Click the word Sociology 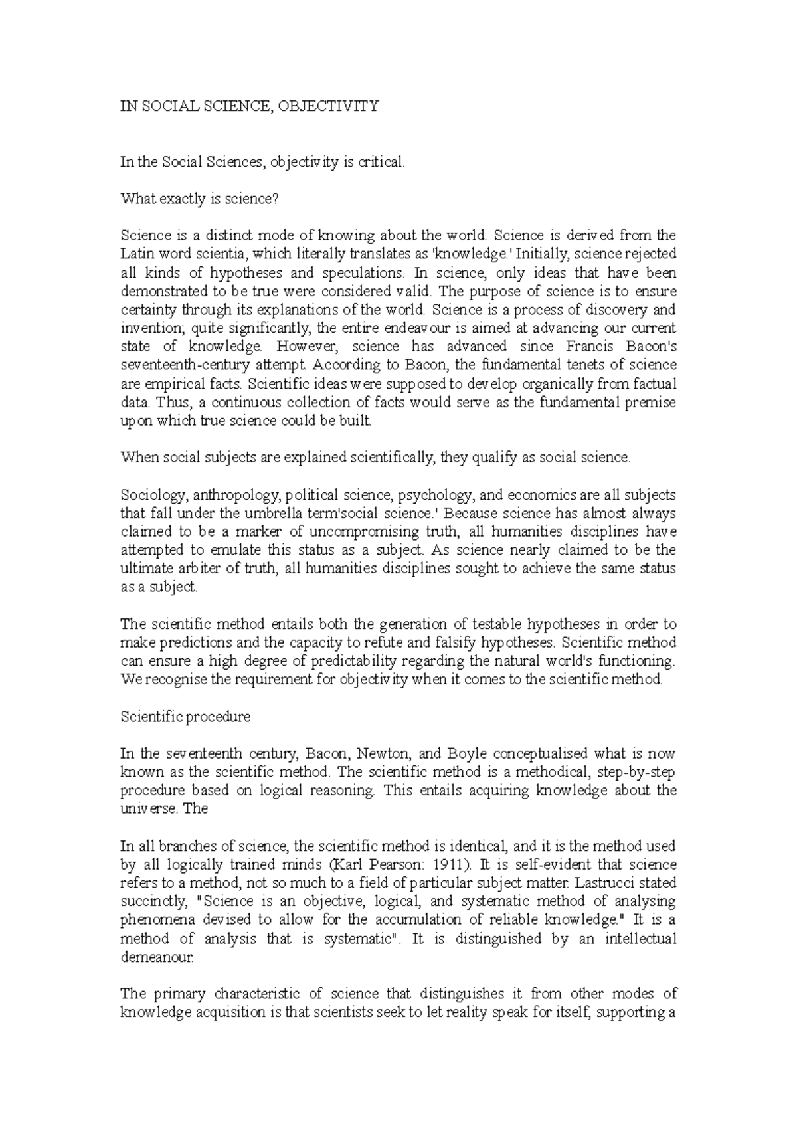click(147, 495)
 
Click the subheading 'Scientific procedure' click(185, 717)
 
